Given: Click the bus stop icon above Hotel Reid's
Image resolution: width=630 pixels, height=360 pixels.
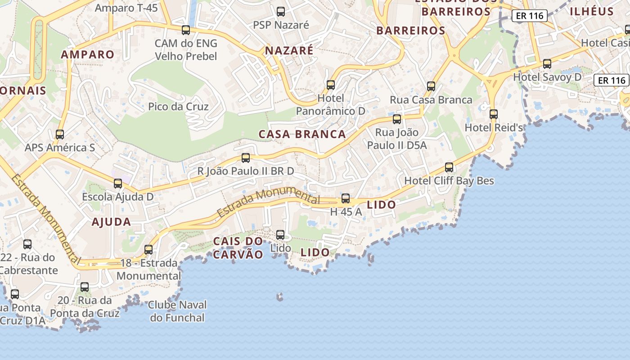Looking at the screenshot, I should (x=494, y=114).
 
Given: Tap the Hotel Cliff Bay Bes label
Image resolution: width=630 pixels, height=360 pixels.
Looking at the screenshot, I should (x=449, y=181).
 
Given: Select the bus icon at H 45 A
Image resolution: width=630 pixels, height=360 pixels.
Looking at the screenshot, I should (x=346, y=198).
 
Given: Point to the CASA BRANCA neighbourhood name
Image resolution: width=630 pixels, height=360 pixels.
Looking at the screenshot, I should (x=302, y=134).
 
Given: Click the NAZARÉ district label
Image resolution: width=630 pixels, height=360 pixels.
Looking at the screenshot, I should (x=289, y=50).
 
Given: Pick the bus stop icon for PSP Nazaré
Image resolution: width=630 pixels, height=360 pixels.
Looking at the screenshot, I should (x=281, y=12).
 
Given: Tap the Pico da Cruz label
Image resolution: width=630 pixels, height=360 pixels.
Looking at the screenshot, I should (x=179, y=107).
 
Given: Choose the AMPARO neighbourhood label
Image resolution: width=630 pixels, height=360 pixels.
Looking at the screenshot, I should (x=88, y=54).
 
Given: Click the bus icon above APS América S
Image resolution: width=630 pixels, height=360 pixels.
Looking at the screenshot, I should (x=59, y=135).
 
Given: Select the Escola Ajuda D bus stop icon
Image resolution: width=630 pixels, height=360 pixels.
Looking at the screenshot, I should (x=118, y=184).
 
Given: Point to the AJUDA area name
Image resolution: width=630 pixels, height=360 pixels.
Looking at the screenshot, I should (x=111, y=222).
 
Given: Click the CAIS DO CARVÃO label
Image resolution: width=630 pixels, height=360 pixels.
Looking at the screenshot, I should (x=238, y=248).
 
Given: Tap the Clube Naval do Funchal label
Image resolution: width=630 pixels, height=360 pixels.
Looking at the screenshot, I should (x=177, y=311).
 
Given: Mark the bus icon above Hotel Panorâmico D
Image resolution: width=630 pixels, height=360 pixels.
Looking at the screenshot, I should (x=331, y=85).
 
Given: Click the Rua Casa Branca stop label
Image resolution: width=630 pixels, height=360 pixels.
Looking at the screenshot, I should (x=431, y=100).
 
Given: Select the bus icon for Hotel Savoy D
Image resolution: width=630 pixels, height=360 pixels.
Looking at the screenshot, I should (x=547, y=64).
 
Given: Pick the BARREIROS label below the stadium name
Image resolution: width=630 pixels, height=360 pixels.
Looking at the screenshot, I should (x=411, y=31).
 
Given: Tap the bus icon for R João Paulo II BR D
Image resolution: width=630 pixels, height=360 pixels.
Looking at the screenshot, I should (x=246, y=158).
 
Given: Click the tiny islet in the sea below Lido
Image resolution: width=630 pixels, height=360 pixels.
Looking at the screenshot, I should (x=280, y=297).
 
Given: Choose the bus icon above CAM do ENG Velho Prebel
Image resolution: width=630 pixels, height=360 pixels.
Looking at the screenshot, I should (x=186, y=30).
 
